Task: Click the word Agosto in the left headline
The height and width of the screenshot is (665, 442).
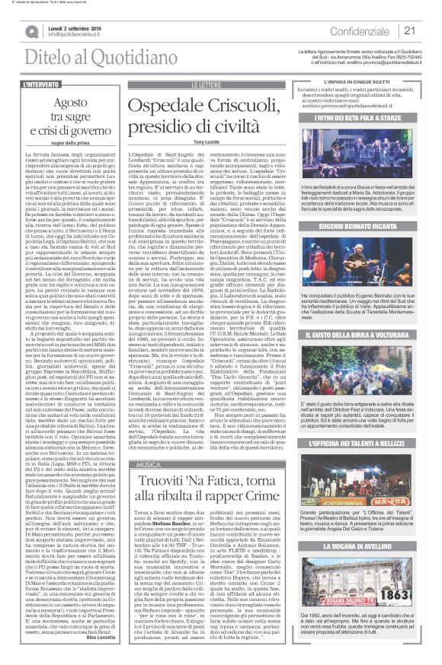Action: point(63,100)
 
